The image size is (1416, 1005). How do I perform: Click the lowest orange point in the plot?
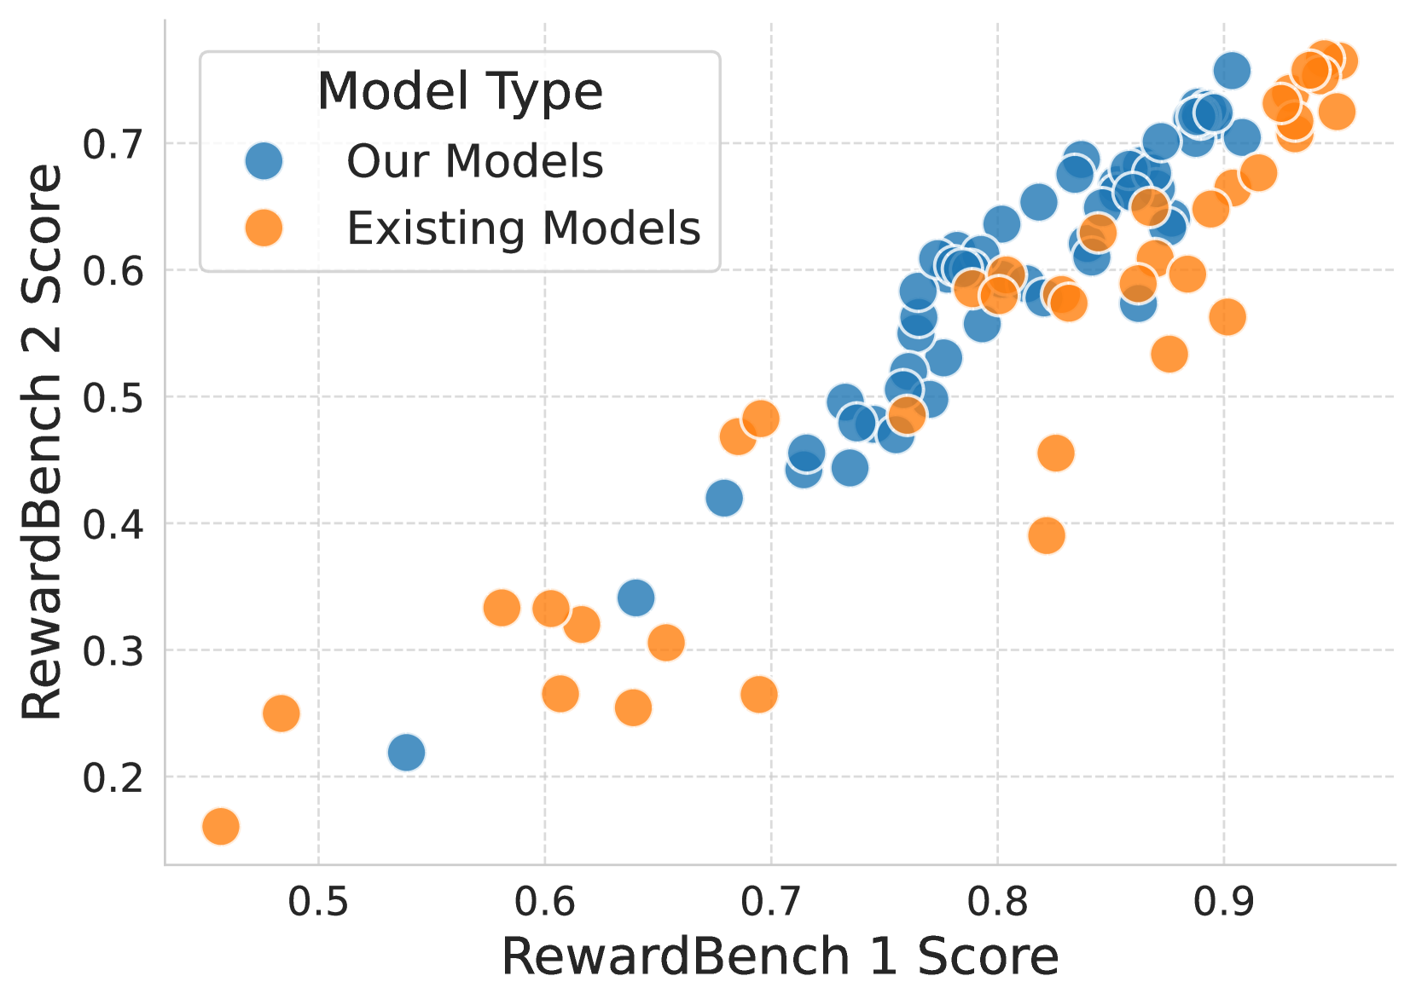click(x=220, y=826)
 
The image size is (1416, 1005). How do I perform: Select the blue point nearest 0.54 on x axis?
click(x=406, y=752)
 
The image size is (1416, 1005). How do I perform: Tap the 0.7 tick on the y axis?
click(x=112, y=145)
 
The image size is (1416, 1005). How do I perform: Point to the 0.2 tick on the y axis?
click(x=112, y=777)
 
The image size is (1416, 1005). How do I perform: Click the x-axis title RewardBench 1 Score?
click(x=779, y=956)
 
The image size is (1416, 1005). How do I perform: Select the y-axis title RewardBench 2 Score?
click(x=43, y=442)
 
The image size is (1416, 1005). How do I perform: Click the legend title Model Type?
click(x=460, y=91)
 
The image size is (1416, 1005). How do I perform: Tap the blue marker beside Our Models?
click(x=264, y=160)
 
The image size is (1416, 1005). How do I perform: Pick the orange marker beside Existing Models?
click(x=264, y=228)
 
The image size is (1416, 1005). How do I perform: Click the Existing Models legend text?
click(x=523, y=228)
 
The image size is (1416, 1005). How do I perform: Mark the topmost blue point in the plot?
click(x=1232, y=70)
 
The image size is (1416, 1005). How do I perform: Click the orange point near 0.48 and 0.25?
click(x=281, y=713)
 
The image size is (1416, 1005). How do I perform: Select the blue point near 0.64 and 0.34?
click(x=635, y=598)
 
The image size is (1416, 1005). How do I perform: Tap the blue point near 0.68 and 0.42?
click(x=724, y=498)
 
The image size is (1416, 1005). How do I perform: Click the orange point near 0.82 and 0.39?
click(x=1047, y=535)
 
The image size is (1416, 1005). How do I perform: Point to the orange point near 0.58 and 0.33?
click(x=502, y=608)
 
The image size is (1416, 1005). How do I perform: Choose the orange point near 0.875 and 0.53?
click(x=1169, y=354)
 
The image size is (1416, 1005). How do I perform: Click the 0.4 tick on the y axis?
click(x=112, y=524)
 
